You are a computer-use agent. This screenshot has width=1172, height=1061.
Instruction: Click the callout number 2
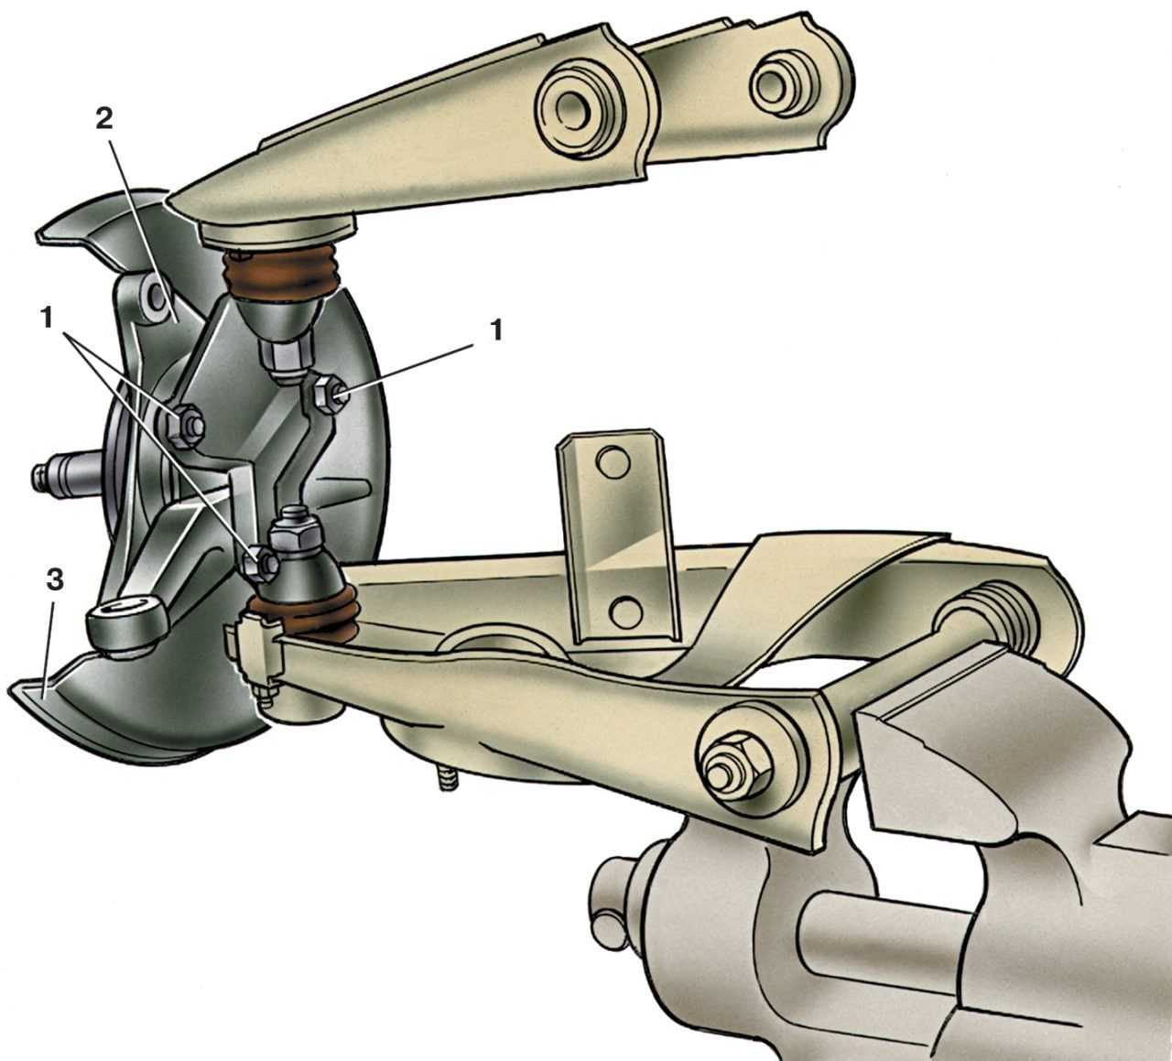pyautogui.click(x=103, y=120)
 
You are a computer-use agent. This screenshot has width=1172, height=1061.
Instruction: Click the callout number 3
pyautogui.click(x=53, y=580)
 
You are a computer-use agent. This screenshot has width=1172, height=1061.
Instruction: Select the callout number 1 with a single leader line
pyautogui.click(x=495, y=331)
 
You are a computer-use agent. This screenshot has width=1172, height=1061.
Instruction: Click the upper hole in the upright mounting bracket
pyautogui.click(x=613, y=463)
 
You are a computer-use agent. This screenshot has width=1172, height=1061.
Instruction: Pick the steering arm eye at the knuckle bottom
pyautogui.click(x=122, y=627)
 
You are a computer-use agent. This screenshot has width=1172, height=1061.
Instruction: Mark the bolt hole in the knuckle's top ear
pyautogui.click(x=157, y=296)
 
